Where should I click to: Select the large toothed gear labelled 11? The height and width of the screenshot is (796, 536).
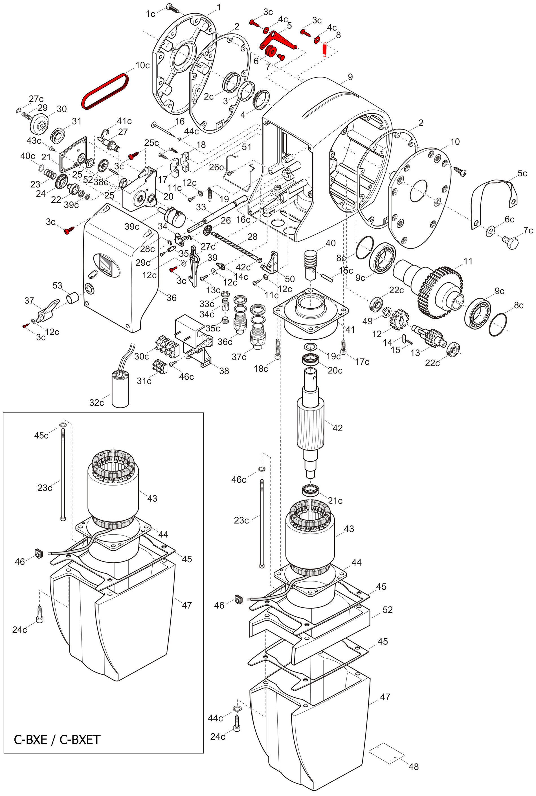click(x=440, y=293)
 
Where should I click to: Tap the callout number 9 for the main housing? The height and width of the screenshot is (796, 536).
click(x=350, y=77)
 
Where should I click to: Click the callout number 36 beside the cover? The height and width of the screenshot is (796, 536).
click(x=171, y=298)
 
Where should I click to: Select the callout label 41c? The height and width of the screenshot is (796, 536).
click(x=124, y=121)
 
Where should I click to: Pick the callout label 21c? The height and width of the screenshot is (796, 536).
click(x=335, y=500)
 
